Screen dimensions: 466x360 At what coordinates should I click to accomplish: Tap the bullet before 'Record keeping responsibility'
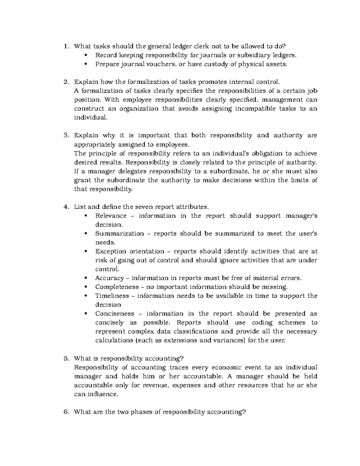86,55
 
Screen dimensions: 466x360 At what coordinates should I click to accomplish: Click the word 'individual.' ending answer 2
90,118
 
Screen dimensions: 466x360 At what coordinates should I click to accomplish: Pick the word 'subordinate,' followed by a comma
230,171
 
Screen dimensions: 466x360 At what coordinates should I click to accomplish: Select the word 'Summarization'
119,233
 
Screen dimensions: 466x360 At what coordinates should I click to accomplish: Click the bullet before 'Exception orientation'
86,251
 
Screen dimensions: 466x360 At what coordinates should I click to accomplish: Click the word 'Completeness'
117,287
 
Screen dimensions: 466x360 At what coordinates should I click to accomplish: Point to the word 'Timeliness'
112,296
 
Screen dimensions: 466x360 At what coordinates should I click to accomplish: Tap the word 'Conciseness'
115,314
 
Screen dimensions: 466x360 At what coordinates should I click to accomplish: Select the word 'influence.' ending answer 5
103,394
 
